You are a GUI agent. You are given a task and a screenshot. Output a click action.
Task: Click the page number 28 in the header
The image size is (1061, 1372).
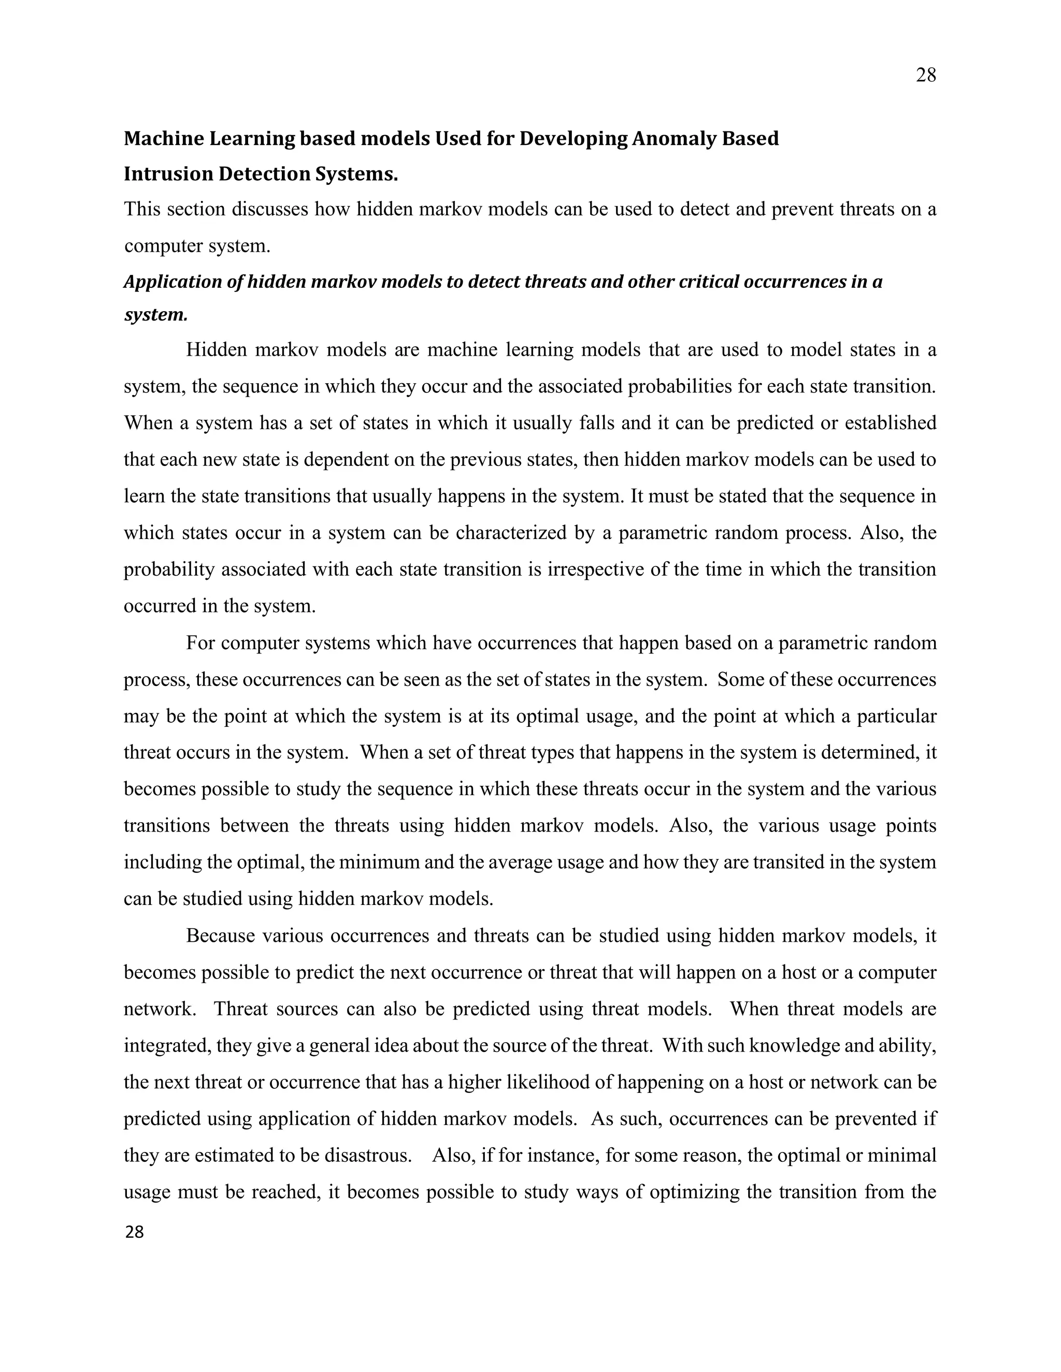point(925,76)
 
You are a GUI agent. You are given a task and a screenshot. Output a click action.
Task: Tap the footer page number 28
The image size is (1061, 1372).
point(135,1233)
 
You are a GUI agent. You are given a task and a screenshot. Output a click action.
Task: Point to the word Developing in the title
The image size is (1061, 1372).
point(573,138)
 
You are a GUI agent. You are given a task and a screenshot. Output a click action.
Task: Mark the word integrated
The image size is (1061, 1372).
point(167,1046)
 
